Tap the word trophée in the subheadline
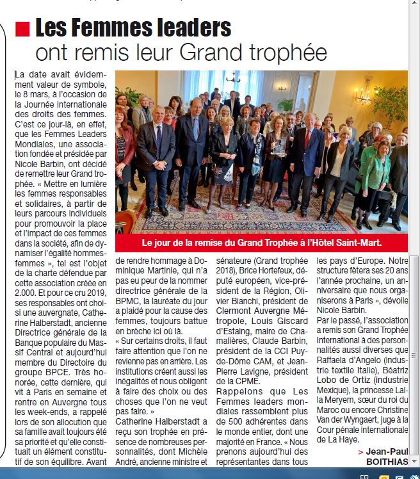pyautogui.click(x=291, y=51)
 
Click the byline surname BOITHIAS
pyautogui.click(x=386, y=461)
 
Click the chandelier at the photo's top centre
pyautogui.click(x=232, y=80)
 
